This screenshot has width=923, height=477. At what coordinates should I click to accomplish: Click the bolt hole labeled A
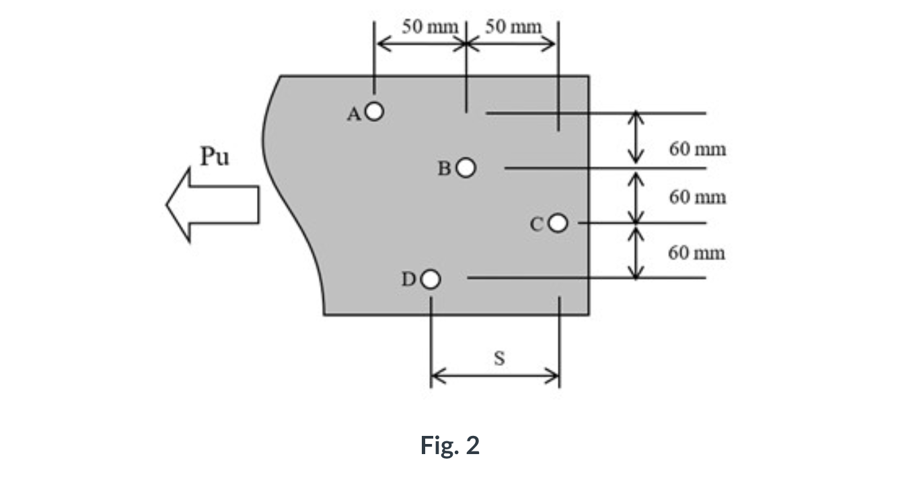375,110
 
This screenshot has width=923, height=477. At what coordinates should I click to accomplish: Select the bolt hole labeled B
467,167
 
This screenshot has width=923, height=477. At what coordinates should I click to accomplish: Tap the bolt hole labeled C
558,223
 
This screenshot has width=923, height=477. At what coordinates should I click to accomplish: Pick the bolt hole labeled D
431,278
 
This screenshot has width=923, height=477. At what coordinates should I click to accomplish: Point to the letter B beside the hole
445,168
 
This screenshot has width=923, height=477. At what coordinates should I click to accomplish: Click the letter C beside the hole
537,225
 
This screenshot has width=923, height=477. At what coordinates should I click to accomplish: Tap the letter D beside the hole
408,279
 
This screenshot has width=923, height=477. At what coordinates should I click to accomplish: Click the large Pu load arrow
212,204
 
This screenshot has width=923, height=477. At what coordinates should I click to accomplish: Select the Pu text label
215,158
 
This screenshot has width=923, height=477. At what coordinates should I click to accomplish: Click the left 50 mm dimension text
430,27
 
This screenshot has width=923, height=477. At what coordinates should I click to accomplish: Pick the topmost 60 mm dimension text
698,149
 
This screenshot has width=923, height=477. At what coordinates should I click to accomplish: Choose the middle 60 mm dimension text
698,197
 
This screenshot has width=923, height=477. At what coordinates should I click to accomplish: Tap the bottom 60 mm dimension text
698,253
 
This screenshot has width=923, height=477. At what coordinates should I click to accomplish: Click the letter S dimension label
499,358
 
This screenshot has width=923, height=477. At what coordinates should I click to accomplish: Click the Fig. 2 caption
450,445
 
